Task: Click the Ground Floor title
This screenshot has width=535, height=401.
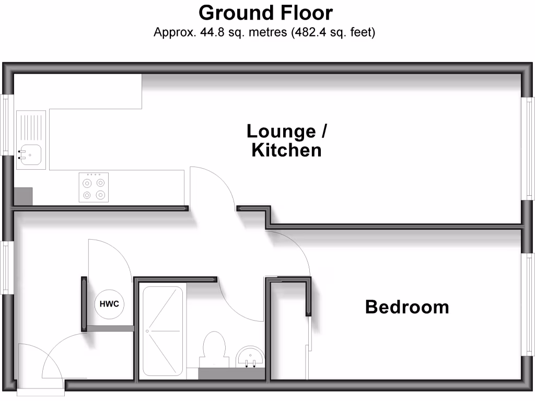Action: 265,12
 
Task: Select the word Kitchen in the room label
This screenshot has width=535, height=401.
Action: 286,150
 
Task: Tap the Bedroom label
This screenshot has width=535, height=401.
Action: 407,306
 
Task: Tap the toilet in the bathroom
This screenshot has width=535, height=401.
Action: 215,347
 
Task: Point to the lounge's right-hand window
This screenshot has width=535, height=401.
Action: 528,148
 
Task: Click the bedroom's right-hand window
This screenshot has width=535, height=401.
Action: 528,304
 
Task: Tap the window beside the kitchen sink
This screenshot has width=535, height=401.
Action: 6,125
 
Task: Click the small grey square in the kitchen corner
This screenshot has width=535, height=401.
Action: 23,196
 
